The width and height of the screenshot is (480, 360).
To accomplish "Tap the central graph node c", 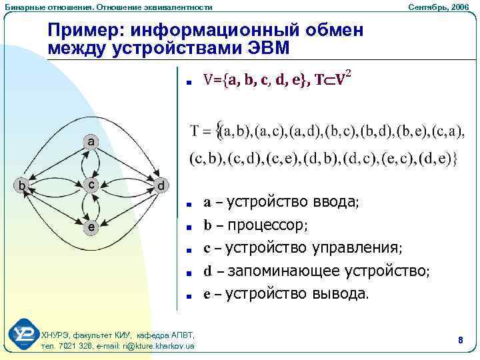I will [x=91, y=184].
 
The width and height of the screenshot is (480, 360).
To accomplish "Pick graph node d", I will [x=160, y=184].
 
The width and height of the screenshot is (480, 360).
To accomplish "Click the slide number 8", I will [x=460, y=341].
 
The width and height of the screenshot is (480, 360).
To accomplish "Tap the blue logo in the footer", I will [x=23, y=334].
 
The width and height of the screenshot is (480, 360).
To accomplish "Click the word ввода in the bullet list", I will [x=335, y=201].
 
